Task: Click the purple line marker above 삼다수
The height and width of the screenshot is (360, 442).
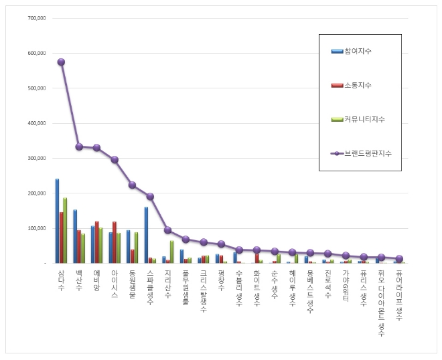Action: click(61, 62)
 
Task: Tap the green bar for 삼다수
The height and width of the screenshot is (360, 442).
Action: click(65, 230)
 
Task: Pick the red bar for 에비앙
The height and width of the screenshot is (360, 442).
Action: click(96, 242)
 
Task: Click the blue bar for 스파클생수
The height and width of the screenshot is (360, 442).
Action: click(146, 235)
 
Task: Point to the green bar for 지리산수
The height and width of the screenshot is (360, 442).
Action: click(171, 252)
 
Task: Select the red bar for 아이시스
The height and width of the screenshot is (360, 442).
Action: click(115, 242)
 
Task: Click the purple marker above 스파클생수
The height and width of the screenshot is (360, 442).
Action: click(150, 197)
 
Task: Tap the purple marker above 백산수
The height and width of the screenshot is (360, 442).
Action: click(79, 147)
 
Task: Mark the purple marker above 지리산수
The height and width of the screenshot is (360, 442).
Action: click(167, 230)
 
